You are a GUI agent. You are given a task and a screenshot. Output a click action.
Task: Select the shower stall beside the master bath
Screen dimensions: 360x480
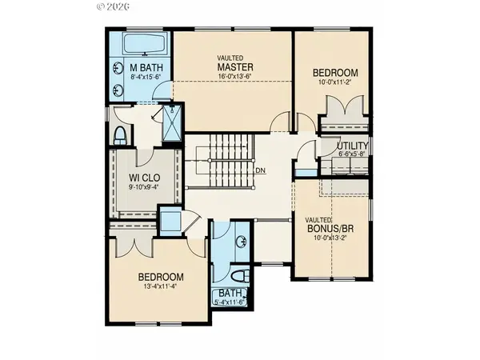[171, 124]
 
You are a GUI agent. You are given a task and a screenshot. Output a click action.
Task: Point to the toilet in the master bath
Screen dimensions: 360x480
[120, 133]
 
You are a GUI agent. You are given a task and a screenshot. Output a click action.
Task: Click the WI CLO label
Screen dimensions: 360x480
[146, 178]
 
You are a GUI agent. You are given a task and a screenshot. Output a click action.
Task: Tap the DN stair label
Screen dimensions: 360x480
[260, 170]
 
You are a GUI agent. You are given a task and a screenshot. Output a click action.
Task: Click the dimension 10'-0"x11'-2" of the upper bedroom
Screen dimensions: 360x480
[334, 83]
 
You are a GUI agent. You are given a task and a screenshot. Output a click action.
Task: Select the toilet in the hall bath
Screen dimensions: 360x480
[244, 276]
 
